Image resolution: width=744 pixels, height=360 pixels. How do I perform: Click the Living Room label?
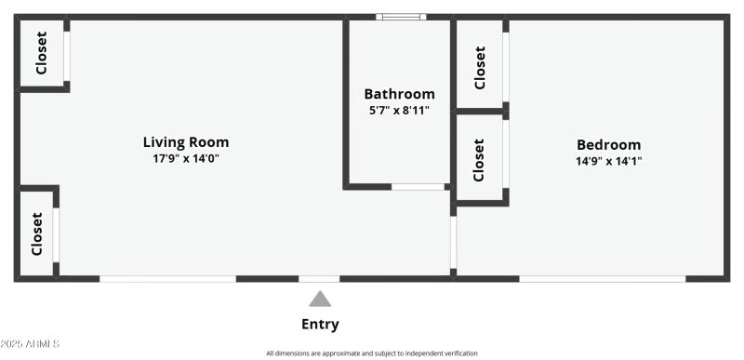185,142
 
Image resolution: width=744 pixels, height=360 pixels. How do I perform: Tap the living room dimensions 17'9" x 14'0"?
185,158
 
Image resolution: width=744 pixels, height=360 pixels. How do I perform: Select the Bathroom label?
399,94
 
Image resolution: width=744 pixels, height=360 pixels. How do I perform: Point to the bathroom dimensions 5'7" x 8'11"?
399,110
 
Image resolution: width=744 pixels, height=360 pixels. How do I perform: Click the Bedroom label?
608,145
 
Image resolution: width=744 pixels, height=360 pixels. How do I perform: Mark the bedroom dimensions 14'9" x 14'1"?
608,160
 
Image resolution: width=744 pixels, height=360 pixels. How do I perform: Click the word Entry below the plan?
320,325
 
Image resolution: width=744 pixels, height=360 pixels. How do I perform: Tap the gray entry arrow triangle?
320,299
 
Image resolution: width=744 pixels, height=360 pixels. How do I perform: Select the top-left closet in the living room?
42,54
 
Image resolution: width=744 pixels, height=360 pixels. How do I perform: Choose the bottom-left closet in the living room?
37,233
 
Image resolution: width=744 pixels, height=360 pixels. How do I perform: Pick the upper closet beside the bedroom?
480,67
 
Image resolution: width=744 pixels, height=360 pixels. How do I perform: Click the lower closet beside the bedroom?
480,159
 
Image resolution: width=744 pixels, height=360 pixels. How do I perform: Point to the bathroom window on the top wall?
401,16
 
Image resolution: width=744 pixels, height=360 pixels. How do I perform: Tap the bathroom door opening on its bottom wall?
418,187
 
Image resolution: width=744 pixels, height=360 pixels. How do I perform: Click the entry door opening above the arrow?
319,278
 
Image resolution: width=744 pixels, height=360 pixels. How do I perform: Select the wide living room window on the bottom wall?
167,278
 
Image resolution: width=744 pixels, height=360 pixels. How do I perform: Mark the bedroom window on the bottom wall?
602,278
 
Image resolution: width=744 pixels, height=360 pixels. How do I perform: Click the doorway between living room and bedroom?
453,242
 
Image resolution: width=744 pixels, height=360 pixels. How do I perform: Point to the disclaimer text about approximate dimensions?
372,353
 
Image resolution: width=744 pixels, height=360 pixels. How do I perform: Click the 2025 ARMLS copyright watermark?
30,344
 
